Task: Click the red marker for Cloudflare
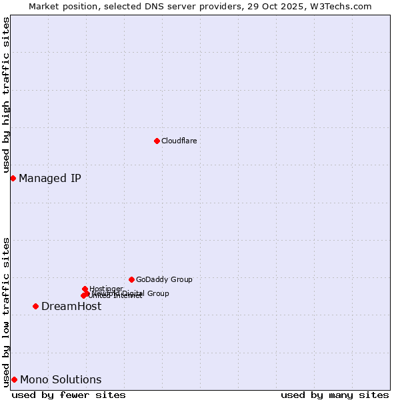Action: (157, 141)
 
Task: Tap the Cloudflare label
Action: (179, 141)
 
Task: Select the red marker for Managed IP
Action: (13, 178)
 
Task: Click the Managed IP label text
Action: (50, 178)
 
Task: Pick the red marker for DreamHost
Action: (35, 306)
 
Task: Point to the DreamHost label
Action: (71, 306)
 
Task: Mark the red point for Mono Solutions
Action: (14, 379)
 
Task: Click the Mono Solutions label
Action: (61, 379)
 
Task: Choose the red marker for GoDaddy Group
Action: (131, 279)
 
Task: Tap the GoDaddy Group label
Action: (164, 279)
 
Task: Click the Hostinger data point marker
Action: (85, 289)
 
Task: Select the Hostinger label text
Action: (106, 289)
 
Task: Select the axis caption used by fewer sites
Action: (69, 395)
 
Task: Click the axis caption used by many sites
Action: (335, 395)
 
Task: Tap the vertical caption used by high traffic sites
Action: (6, 95)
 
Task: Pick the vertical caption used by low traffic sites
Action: (6, 311)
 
